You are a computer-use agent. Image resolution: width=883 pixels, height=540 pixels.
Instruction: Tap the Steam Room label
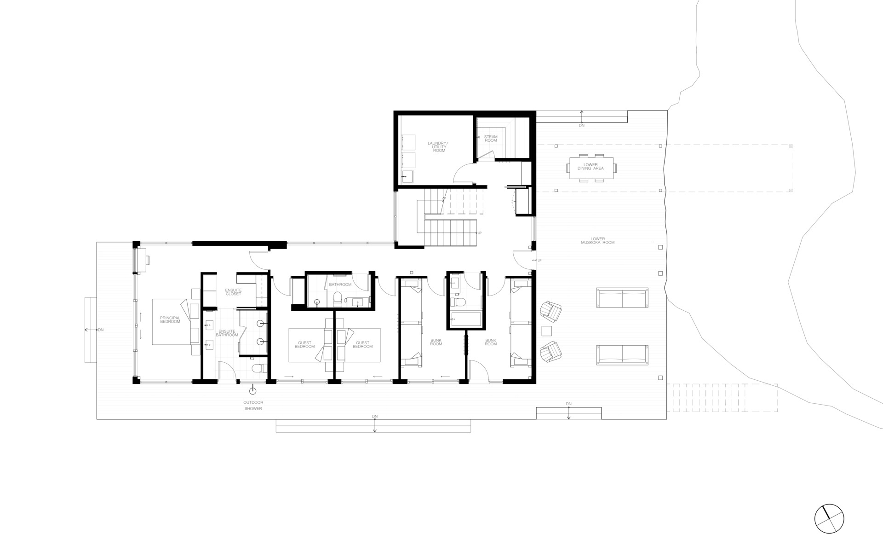point(491,139)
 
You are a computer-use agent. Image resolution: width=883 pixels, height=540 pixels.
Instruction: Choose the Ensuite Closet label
point(233,292)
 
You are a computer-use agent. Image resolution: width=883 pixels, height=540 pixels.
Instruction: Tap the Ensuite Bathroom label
point(227,333)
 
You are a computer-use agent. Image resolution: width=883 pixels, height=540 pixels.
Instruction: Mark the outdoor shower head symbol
point(252,391)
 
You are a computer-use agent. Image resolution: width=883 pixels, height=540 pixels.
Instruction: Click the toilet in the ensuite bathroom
point(260,368)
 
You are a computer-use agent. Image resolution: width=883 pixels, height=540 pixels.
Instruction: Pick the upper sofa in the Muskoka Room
point(622,298)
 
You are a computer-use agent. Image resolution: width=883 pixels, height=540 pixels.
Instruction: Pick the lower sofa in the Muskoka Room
point(622,354)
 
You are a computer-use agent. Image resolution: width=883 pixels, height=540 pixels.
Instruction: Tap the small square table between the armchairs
point(547,331)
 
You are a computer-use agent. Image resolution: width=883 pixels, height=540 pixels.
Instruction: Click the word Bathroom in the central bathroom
point(340,285)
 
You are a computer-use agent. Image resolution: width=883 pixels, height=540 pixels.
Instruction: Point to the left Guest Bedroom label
point(304,344)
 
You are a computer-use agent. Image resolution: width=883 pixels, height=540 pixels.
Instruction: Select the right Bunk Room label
point(491,342)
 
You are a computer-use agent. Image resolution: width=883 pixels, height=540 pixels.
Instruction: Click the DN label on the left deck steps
point(101,330)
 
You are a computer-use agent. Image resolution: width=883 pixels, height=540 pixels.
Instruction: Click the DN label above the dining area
point(582,125)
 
